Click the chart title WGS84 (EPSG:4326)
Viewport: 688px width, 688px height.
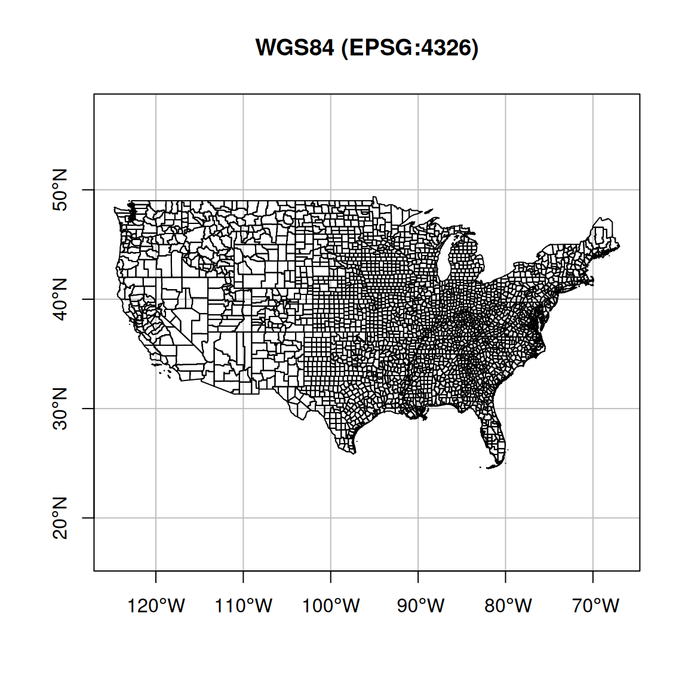click(367, 48)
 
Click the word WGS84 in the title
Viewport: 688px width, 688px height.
click(294, 48)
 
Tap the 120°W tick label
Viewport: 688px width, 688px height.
click(156, 606)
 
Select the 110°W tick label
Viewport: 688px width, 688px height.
click(244, 606)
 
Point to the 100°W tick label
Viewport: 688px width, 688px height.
click(331, 606)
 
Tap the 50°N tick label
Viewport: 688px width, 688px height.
click(60, 190)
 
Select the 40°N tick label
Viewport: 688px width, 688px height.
click(60, 299)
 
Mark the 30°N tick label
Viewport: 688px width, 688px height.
click(60, 408)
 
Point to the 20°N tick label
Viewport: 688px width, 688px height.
click(60, 518)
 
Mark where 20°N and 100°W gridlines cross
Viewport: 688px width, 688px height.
click(331, 518)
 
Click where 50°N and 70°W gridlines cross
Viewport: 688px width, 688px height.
click(593, 190)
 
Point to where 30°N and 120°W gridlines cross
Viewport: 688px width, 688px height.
click(156, 408)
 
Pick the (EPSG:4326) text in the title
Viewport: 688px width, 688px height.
click(410, 48)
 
